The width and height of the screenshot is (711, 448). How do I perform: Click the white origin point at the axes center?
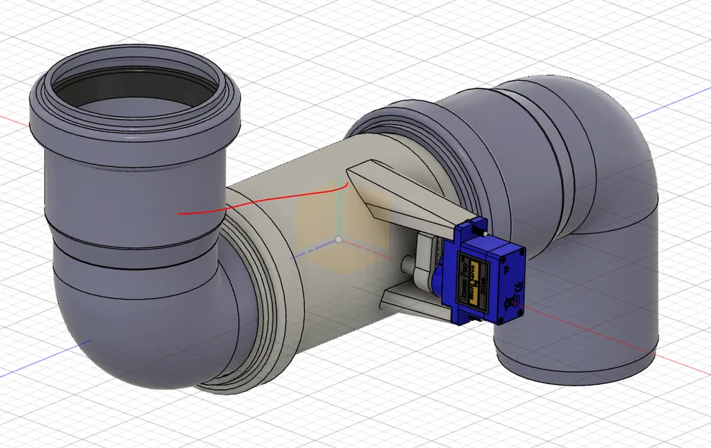pos(339,239)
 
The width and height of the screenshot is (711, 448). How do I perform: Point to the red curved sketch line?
pos(265,201)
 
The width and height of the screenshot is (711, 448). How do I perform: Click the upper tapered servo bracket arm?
pos(402,197)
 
